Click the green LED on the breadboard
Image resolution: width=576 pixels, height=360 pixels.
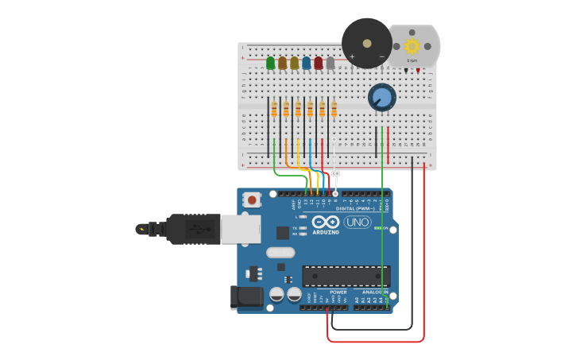pos(270,62)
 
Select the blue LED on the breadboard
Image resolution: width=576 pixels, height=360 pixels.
pos(306,62)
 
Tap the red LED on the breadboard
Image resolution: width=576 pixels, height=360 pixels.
pos(318,62)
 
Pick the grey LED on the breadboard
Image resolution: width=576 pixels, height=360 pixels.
pos(330,62)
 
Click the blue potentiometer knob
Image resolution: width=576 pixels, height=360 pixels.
pos(382,98)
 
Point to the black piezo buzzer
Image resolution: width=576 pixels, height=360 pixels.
pos(367,42)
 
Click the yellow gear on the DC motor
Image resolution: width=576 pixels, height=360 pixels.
pos(412,46)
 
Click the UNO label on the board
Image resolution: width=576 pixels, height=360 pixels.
pos(357,223)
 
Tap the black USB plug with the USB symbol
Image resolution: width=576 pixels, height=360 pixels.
pos(191,229)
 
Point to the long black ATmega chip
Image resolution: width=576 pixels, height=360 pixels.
pos(346,276)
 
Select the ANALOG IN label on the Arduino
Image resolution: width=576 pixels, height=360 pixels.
pos(373,292)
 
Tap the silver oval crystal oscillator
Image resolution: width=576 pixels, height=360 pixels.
pos(280,253)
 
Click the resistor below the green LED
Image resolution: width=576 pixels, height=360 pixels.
pos(274,110)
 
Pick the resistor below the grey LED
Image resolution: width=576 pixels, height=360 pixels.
pos(334,110)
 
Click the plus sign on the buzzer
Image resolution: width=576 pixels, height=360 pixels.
pos(352,56)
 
